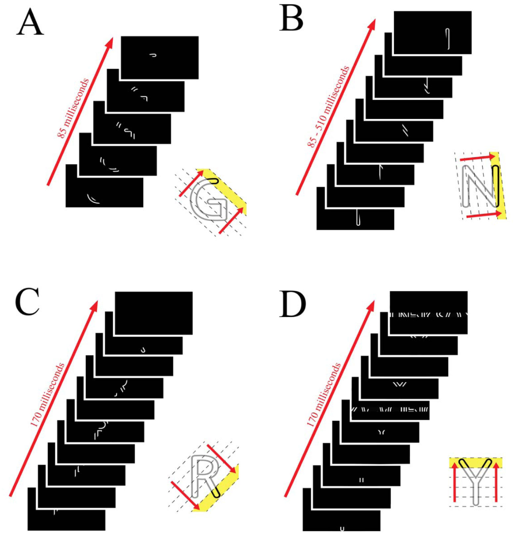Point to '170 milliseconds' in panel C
[47, 395]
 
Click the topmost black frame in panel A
[160, 57]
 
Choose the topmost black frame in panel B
[433, 32]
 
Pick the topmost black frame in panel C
[154, 313]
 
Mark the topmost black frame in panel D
[429, 312]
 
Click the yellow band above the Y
[476, 463]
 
